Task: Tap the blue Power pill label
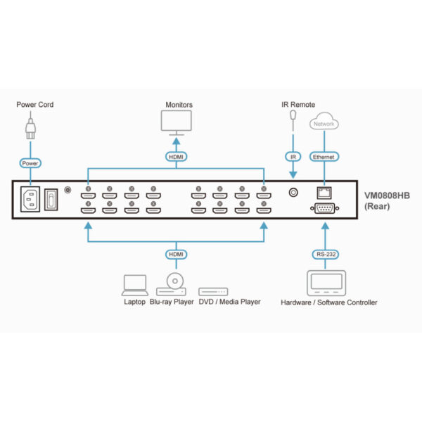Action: coord(30,163)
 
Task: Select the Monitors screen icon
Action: coord(177,122)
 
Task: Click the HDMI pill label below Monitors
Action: coord(177,157)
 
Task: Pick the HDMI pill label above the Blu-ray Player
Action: coord(177,255)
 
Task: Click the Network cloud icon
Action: coord(324,122)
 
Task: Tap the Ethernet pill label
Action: coord(324,157)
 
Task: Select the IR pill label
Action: coord(293,157)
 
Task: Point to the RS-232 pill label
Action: coord(326,255)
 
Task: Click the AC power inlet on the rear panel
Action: coord(30,199)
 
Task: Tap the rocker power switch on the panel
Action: coord(51,200)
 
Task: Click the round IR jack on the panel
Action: coord(293,193)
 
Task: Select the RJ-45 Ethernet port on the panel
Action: coord(324,193)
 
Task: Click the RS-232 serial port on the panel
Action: coord(324,208)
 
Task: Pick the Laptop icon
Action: coord(135,286)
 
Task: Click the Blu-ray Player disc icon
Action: coord(175,281)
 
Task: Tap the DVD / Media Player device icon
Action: coord(213,292)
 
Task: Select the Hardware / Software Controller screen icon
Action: coord(326,283)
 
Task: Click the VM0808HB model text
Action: coord(387,196)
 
